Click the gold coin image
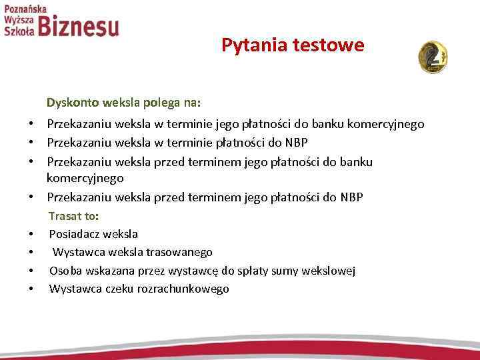[x=433, y=57]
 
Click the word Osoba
[x=65, y=271]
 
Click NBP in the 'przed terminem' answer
[x=351, y=197]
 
